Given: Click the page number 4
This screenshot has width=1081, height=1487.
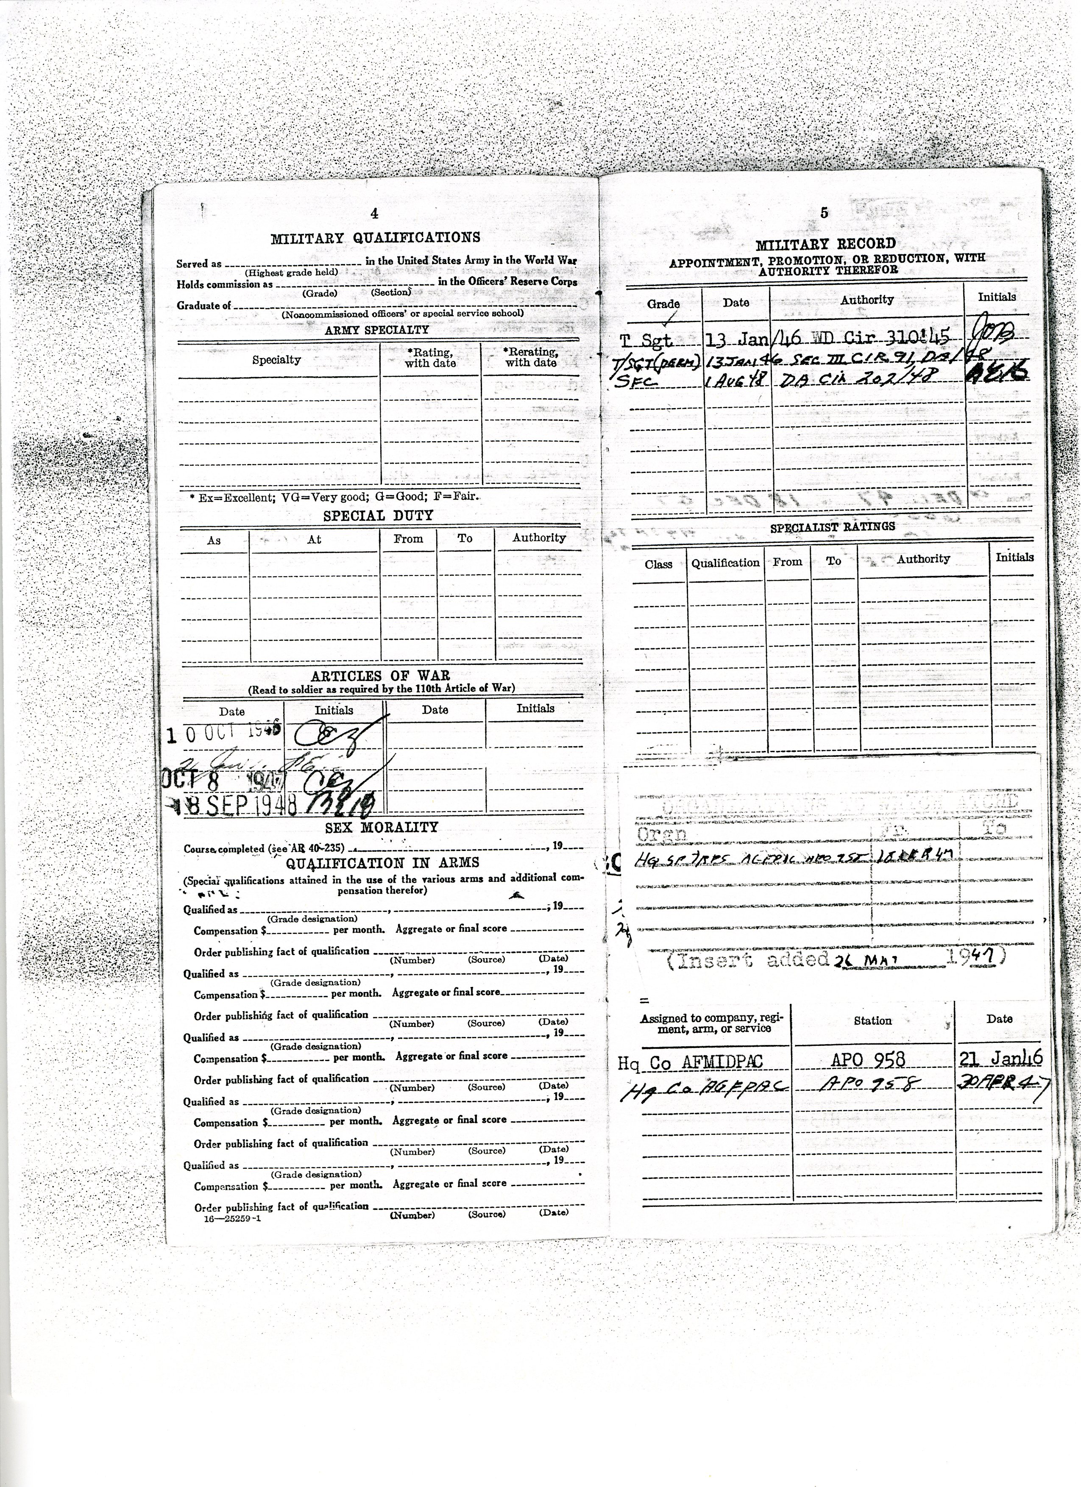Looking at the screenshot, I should click(375, 213).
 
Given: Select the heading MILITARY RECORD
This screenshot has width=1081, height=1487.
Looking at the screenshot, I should click(825, 245).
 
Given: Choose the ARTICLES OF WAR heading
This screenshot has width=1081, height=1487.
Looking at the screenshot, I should click(380, 676).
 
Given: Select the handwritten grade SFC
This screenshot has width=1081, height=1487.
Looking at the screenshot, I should click(632, 380).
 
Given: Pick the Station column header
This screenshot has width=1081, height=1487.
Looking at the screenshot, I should click(872, 1021).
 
